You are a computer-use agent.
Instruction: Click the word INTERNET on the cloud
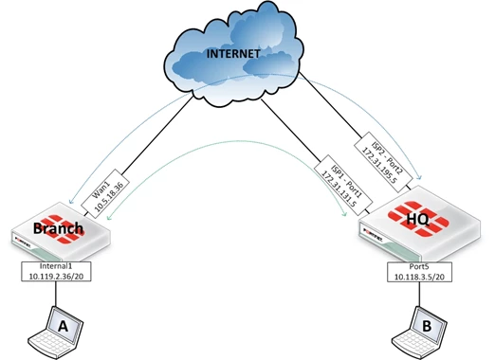tap(233, 54)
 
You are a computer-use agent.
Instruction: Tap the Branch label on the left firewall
tap(58, 228)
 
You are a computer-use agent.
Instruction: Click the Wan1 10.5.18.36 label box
tap(105, 193)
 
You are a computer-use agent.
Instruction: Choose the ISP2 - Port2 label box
tap(383, 161)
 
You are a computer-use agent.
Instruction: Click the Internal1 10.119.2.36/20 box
tap(56, 271)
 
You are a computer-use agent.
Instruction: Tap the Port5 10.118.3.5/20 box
tap(419, 272)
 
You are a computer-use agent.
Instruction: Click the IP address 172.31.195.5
tap(378, 165)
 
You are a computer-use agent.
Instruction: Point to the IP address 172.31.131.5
tap(339, 189)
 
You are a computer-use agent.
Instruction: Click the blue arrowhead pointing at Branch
tap(71, 200)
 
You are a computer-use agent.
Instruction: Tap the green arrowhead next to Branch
tap(109, 217)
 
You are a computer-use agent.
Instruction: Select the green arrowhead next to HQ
tap(345, 214)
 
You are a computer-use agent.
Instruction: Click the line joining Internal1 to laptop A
tap(56, 294)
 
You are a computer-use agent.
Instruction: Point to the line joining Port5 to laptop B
tap(419, 294)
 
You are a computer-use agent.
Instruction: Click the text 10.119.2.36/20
tap(56, 276)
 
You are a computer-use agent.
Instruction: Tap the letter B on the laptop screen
tap(427, 326)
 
